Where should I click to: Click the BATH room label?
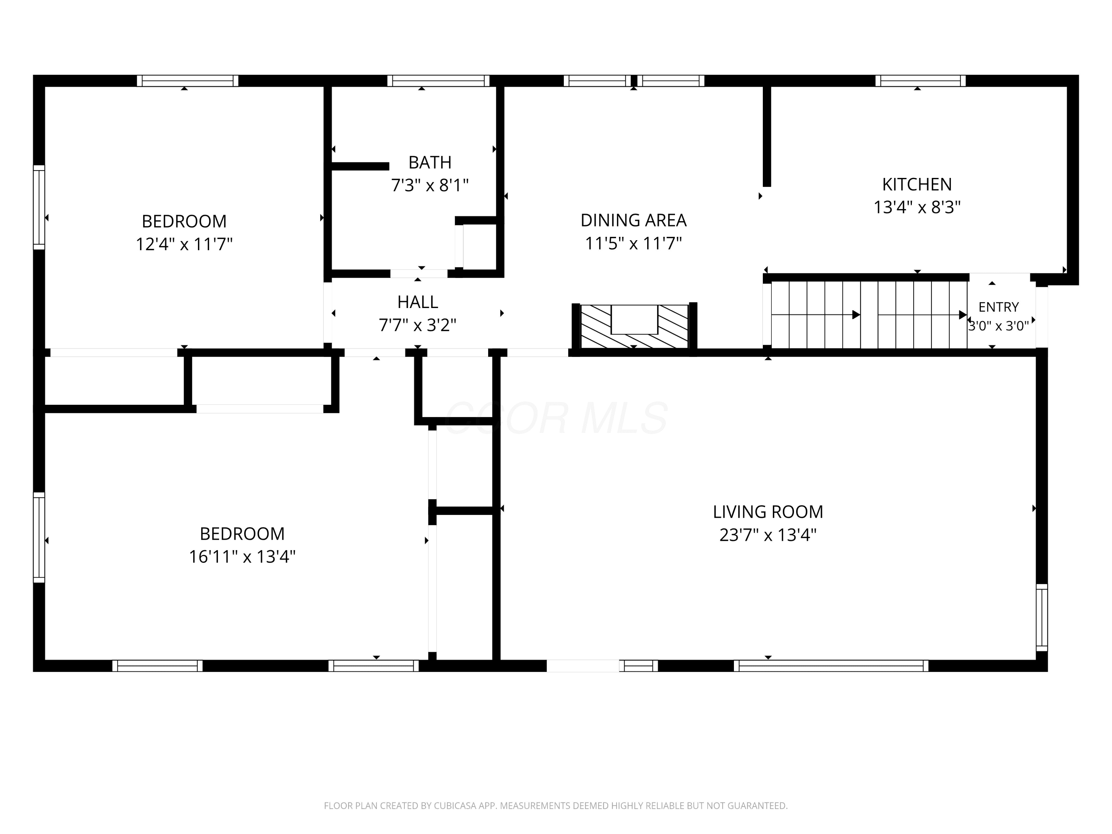[430, 162]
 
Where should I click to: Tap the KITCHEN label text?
[917, 185]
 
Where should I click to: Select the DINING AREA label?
[633, 220]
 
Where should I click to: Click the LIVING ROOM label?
[768, 512]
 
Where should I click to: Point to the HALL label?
[418, 302]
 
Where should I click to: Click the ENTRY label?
[998, 307]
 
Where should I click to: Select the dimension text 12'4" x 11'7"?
[184, 244]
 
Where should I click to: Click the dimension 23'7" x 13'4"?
[768, 535]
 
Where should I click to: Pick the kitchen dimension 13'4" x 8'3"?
[917, 207]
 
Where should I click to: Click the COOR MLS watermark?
[556, 418]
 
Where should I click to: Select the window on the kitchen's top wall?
[920, 80]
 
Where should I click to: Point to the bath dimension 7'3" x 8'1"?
[430, 185]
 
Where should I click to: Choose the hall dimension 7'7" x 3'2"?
[418, 325]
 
